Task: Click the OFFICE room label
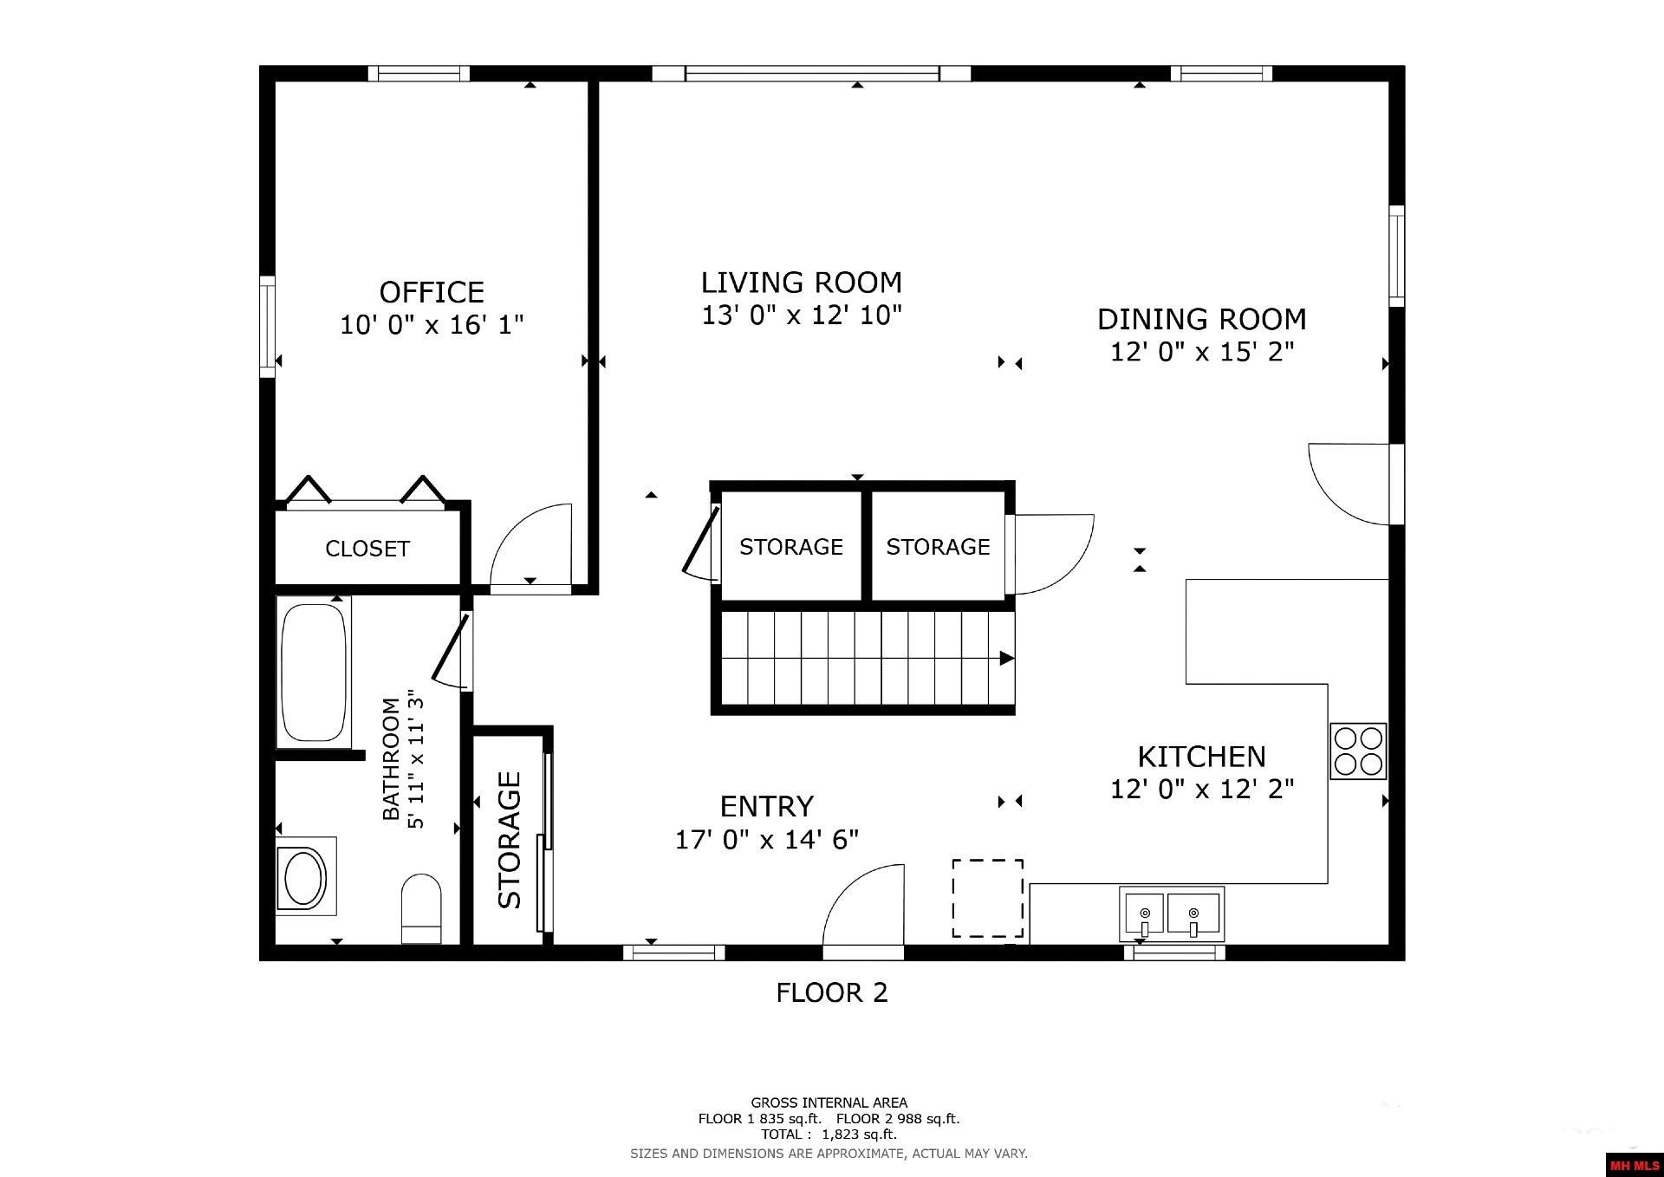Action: tap(432, 292)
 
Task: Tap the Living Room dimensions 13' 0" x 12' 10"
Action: tap(802, 315)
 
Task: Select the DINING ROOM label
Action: tap(1201, 320)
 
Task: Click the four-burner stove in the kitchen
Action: tap(1358, 751)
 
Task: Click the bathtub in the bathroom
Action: tap(313, 672)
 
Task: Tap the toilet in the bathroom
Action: tap(422, 908)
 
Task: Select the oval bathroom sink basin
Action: tap(302, 877)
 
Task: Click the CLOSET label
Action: tap(367, 549)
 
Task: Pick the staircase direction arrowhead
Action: tap(1006, 659)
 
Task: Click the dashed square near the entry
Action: tap(988, 898)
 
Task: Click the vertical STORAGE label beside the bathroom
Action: tap(510, 840)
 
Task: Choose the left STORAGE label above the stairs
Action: tap(790, 547)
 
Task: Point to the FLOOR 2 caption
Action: tap(831, 992)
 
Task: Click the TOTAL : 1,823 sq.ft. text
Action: tap(829, 1135)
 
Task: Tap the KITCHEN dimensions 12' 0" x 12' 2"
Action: tap(1201, 790)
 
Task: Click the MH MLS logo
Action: tap(1634, 1165)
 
